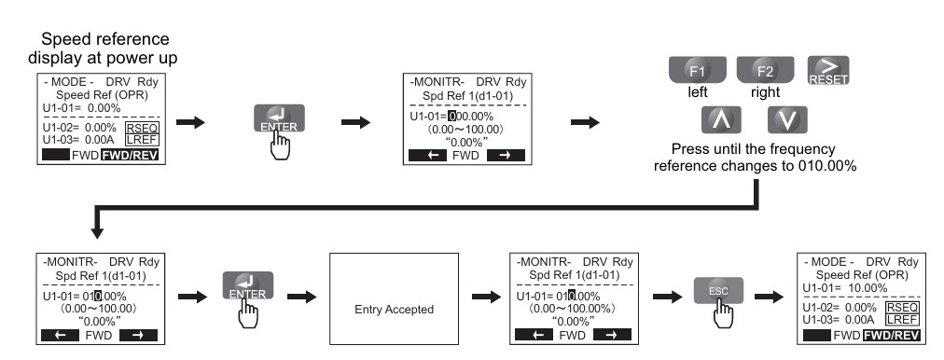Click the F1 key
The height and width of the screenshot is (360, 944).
(697, 71)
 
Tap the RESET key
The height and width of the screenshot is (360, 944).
(828, 71)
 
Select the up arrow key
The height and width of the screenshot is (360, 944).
(721, 119)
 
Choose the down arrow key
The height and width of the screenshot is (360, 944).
(787, 119)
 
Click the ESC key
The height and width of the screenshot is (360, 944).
(718, 291)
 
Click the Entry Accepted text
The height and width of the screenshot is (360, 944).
(394, 310)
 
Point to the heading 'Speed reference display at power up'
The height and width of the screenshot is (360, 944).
(103, 48)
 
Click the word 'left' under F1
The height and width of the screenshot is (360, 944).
(698, 92)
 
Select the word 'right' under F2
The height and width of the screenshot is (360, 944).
(765, 92)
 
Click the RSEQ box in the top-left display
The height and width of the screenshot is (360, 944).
(142, 128)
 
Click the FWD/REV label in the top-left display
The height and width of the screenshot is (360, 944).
(130, 156)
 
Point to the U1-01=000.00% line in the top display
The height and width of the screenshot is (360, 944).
(451, 117)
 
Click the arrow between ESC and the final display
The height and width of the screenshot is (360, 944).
(769, 297)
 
